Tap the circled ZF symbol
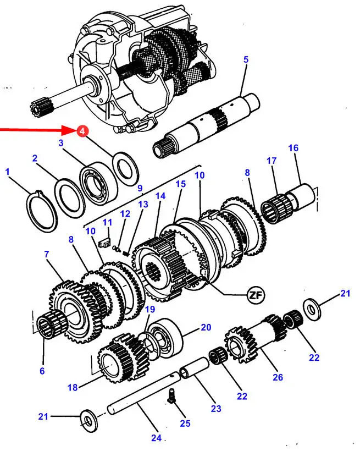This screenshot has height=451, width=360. (255, 295)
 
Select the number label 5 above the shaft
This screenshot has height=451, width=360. (246, 59)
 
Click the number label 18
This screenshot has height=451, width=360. (73, 387)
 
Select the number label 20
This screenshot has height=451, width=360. (206, 327)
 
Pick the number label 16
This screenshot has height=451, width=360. (293, 148)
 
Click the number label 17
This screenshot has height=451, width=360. (272, 161)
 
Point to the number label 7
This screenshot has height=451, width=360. (47, 254)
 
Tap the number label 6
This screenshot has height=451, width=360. (42, 371)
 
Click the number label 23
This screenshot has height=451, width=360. (215, 409)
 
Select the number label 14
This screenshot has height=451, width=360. (160, 196)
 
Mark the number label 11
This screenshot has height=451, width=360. (108, 222)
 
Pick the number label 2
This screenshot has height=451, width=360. (35, 158)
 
